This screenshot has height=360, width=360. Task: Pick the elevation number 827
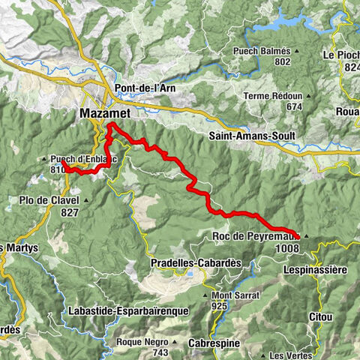click(70, 212)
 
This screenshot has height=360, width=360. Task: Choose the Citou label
click(321, 317)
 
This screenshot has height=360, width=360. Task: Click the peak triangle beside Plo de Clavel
click(88, 200)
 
